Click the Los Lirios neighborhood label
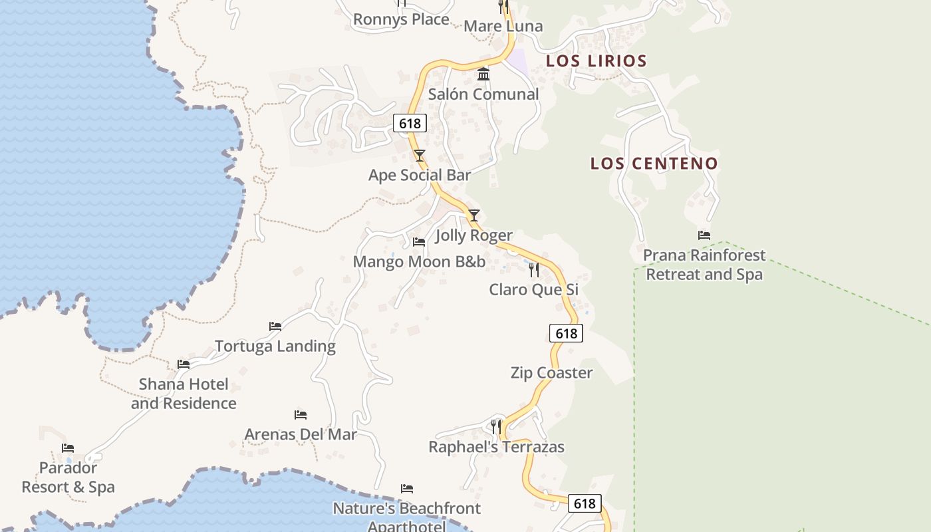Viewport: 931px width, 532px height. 596,61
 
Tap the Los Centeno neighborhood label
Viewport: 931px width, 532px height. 654,164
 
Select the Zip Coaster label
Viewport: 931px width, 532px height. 551,372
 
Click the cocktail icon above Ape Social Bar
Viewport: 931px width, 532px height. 420,156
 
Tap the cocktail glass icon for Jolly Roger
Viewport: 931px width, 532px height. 474,215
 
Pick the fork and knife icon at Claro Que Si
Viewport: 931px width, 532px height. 533,270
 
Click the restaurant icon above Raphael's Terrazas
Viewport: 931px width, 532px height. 496,426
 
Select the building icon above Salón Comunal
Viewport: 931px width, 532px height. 483,74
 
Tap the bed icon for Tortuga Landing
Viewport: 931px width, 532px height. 275,327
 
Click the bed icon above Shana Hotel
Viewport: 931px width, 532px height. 184,364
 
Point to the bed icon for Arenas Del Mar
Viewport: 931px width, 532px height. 301,415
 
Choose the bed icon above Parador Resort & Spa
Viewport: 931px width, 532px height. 68,448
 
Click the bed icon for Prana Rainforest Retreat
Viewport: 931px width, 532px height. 704,235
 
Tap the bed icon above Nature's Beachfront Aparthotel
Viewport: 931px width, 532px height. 407,489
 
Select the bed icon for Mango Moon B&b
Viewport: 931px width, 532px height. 419,242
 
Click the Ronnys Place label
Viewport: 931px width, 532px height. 401,19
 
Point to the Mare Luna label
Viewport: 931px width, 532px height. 503,26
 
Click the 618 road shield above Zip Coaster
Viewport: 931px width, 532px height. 566,333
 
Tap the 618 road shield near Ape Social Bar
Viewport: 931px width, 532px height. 409,123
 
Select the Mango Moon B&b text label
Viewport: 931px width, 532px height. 419,261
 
